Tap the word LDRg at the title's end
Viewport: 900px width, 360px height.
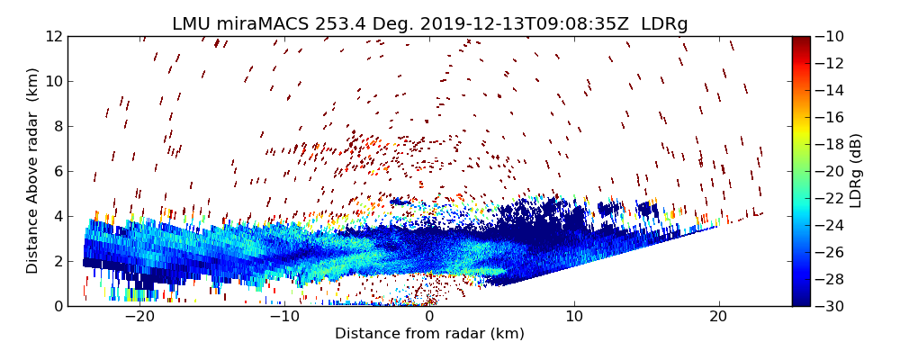point(664,24)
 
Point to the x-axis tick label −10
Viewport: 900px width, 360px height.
point(284,317)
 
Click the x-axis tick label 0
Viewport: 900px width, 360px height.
point(429,317)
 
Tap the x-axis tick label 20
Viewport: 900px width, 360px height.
point(718,317)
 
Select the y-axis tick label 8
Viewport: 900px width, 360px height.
point(57,126)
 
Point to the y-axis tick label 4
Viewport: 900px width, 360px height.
point(57,216)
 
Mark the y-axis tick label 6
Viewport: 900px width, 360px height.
point(57,171)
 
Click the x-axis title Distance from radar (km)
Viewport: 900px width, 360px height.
point(429,334)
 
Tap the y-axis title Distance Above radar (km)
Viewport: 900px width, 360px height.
point(32,171)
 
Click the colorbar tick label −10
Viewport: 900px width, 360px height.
point(833,36)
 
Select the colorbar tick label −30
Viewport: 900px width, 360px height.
point(833,306)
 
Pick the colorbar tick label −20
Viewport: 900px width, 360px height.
point(833,171)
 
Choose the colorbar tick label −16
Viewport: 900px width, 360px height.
point(833,117)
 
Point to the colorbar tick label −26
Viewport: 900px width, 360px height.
point(833,252)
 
